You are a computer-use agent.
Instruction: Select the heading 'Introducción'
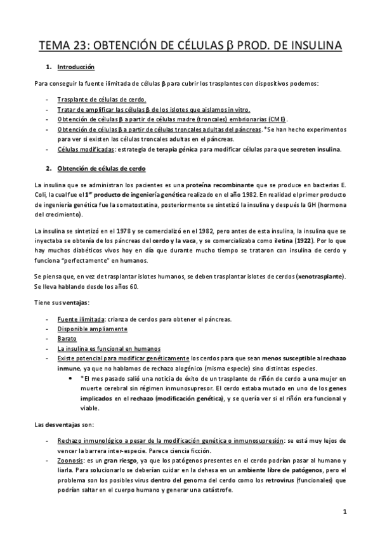(75, 67)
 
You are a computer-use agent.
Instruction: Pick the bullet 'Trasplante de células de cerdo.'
(102, 100)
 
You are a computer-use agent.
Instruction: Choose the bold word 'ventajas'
(75, 302)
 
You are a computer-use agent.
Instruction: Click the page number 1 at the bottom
(343, 511)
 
